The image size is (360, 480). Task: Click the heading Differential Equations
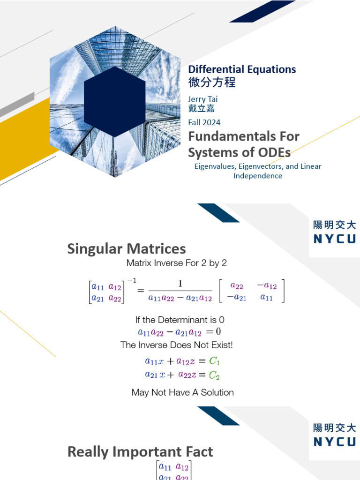[x=242, y=69]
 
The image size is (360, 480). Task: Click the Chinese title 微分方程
[x=212, y=83]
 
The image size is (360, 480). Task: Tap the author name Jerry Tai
[x=203, y=99]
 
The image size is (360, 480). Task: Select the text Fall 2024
[x=204, y=122]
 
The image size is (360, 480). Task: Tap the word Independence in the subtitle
[x=258, y=176]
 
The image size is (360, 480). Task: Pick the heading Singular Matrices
[x=127, y=248]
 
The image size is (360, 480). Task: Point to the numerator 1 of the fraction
[x=180, y=284]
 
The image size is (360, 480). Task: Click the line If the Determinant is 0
[x=180, y=320]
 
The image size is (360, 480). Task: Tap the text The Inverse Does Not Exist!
[x=176, y=345]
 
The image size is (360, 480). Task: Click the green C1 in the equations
[x=214, y=361]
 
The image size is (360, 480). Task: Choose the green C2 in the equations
[x=214, y=375]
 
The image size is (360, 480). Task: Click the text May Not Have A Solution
[x=183, y=392]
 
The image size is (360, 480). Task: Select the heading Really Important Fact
[x=140, y=452]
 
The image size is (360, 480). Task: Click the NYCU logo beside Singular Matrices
[x=334, y=232]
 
